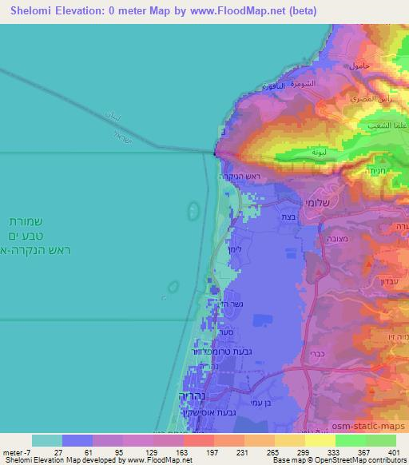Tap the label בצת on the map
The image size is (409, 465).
click(x=287, y=217)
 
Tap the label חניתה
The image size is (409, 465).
click(x=379, y=169)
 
